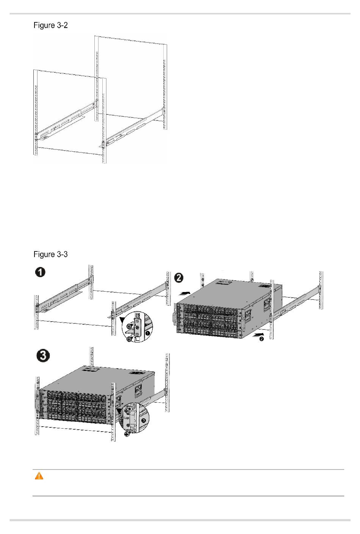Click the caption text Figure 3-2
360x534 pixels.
50,25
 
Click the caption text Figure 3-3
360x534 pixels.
50,254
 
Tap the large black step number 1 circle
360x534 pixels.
40,272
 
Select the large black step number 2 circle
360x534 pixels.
179,278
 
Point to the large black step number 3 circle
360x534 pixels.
43,356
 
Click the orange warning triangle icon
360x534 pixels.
39,476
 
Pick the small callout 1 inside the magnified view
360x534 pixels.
148,333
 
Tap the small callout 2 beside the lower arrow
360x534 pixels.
261,339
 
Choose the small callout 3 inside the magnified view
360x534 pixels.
143,420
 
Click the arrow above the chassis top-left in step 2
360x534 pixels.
185,294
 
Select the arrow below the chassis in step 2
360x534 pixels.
258,334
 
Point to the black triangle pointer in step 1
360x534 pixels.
122,319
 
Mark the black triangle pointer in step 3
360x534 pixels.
119,410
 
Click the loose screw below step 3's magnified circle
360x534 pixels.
127,433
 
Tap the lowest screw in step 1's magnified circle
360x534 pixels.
129,339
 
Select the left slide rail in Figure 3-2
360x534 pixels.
67,120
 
